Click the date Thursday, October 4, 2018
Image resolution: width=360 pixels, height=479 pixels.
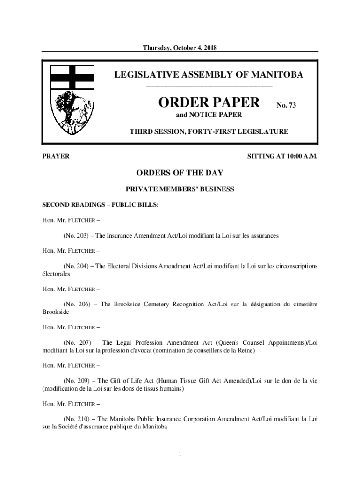[180, 48]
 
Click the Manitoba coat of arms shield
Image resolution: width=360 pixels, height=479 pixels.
[72, 101]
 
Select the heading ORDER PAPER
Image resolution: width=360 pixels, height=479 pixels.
[209, 103]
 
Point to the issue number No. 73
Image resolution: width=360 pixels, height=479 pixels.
[286, 106]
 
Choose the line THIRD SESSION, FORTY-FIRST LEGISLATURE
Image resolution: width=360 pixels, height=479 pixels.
[209, 132]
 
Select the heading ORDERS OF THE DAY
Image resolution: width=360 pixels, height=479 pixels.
[180, 173]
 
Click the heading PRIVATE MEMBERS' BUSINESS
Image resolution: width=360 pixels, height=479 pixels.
[180, 189]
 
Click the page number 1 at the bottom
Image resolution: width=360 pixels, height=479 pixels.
[180, 454]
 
